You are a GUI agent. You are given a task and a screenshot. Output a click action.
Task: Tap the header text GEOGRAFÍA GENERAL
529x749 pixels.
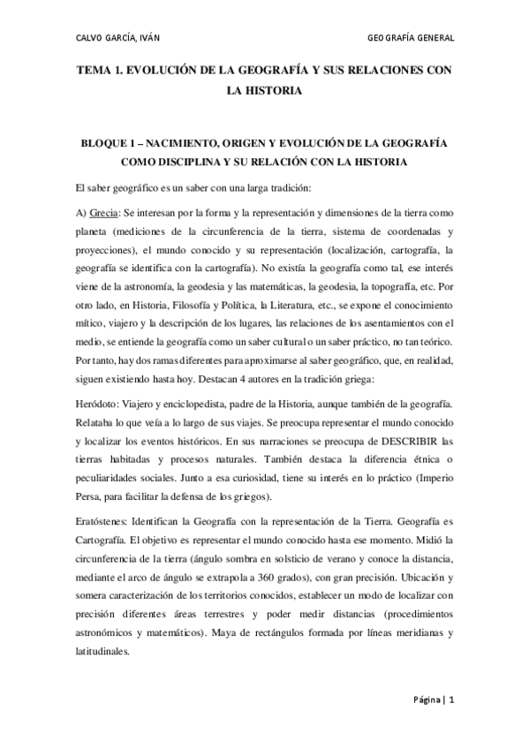(410, 37)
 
